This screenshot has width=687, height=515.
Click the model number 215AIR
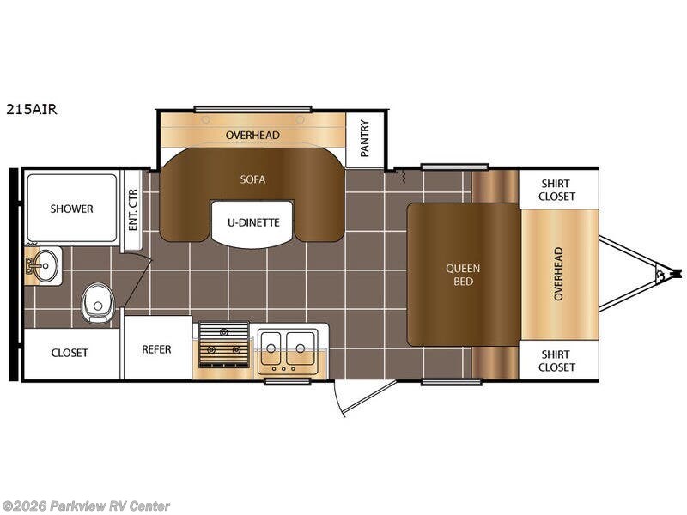(x=32, y=110)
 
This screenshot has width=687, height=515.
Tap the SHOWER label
(x=71, y=209)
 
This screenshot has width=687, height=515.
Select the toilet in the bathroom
(x=98, y=302)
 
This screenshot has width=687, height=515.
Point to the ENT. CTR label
(x=133, y=209)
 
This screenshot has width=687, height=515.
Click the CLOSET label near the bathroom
(x=70, y=353)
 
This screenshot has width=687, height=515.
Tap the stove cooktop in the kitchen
(x=224, y=346)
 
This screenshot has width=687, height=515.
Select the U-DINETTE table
(x=253, y=224)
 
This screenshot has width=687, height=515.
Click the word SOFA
(x=252, y=179)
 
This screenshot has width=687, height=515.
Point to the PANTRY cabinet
(x=365, y=140)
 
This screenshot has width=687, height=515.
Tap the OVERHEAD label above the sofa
(x=252, y=135)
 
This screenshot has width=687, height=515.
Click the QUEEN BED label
(x=463, y=275)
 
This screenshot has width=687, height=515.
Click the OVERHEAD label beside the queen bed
(x=558, y=274)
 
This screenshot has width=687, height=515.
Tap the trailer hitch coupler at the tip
(x=675, y=274)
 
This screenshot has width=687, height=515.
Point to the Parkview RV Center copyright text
(x=85, y=506)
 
